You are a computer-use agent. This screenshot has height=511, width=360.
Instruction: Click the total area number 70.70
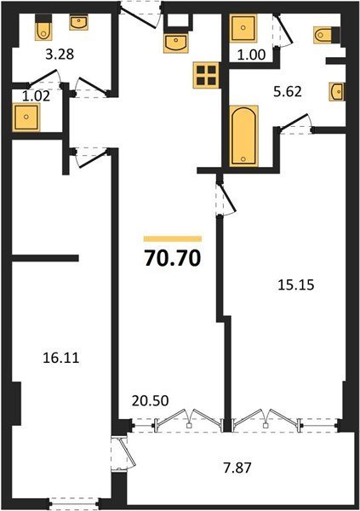(x=173, y=259)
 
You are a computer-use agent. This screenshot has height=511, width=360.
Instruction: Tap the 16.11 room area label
(x=61, y=359)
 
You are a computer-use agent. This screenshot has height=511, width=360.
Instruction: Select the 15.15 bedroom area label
(x=296, y=284)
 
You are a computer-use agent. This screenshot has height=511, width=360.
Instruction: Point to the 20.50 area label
(x=150, y=400)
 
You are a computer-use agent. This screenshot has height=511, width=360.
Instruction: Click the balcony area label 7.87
(x=237, y=468)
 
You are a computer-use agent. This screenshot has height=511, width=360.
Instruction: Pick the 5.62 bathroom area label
(x=288, y=92)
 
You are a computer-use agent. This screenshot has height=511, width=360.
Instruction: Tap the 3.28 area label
(x=60, y=55)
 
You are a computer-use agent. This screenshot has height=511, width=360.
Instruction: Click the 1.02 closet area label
(x=36, y=96)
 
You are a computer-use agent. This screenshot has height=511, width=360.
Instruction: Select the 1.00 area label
(x=251, y=55)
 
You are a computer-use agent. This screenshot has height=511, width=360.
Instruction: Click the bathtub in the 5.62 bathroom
(x=243, y=136)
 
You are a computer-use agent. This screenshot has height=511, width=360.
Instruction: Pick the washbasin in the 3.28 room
(x=78, y=23)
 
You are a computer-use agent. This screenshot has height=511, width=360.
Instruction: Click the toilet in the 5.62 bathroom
(x=327, y=34)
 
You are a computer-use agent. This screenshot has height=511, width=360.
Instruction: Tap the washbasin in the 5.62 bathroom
(x=337, y=92)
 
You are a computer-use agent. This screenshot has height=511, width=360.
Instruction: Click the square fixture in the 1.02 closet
(x=26, y=118)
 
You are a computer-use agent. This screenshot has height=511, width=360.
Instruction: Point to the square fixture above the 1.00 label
(x=243, y=28)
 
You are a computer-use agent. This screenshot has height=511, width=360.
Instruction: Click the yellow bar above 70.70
(x=173, y=238)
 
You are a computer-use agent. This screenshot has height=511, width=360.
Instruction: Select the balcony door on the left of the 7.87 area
(x=123, y=453)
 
